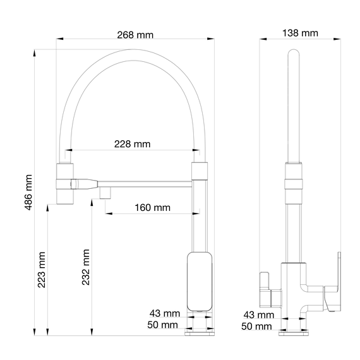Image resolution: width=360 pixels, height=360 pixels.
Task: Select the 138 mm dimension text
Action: click(x=300, y=33)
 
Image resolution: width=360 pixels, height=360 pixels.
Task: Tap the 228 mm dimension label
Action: click(x=133, y=144)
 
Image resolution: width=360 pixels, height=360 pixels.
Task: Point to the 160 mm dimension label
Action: click(x=152, y=207)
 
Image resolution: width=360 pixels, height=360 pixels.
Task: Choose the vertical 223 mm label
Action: click(x=42, y=270)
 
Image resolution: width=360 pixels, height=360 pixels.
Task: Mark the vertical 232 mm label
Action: click(x=85, y=267)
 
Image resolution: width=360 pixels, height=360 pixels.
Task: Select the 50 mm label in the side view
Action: click(x=258, y=326)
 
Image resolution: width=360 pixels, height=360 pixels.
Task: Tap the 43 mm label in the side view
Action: click(x=259, y=315)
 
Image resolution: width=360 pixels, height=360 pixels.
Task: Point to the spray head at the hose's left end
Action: click(x=66, y=184)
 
